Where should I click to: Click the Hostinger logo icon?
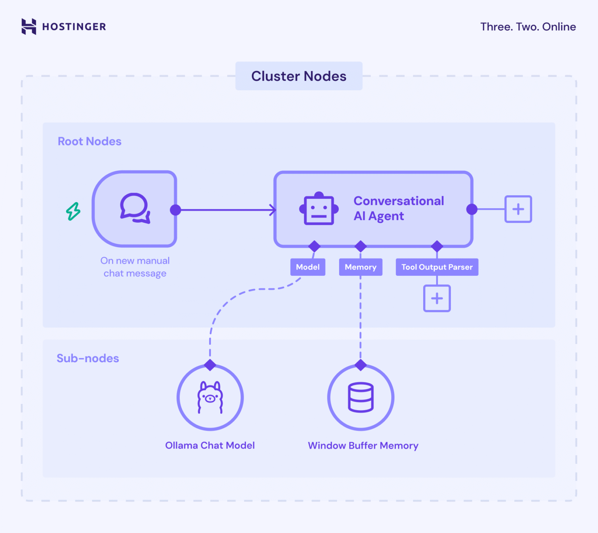29,26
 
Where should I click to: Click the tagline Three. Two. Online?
528,27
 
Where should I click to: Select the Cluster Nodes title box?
299,76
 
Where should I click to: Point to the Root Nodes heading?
90,141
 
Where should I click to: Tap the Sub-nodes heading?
88,358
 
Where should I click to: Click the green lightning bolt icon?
73,211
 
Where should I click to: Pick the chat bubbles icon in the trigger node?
135,208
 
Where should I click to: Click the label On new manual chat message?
135,267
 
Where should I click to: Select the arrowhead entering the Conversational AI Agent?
273,210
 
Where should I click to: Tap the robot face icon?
318,209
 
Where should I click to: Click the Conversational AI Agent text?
398,209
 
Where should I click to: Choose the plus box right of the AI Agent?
518,209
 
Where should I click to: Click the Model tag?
308,267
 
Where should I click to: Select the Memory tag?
361,267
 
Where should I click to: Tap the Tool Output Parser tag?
437,267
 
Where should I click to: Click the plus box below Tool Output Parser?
437,298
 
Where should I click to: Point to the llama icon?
210,397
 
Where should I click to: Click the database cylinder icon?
361,397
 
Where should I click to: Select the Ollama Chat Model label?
210,445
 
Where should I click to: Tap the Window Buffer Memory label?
363,445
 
